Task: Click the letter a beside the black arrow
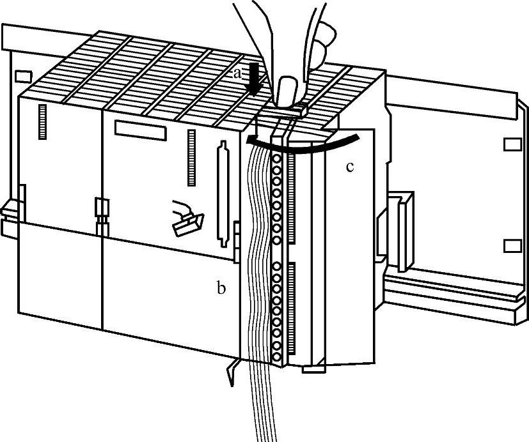(237, 73)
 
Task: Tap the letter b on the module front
(221, 289)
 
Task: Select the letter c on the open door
(350, 167)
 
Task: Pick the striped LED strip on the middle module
(192, 156)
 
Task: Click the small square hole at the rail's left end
(22, 76)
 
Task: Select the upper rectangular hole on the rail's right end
(512, 144)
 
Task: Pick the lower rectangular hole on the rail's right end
(512, 246)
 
